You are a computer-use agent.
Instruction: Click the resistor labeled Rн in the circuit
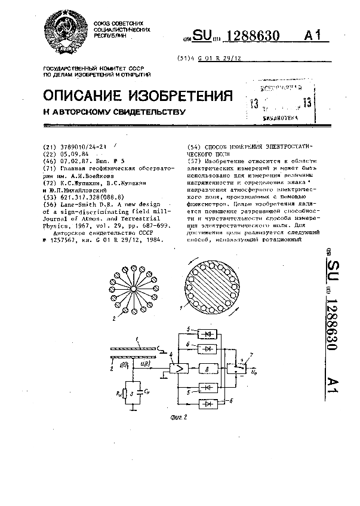125,394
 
